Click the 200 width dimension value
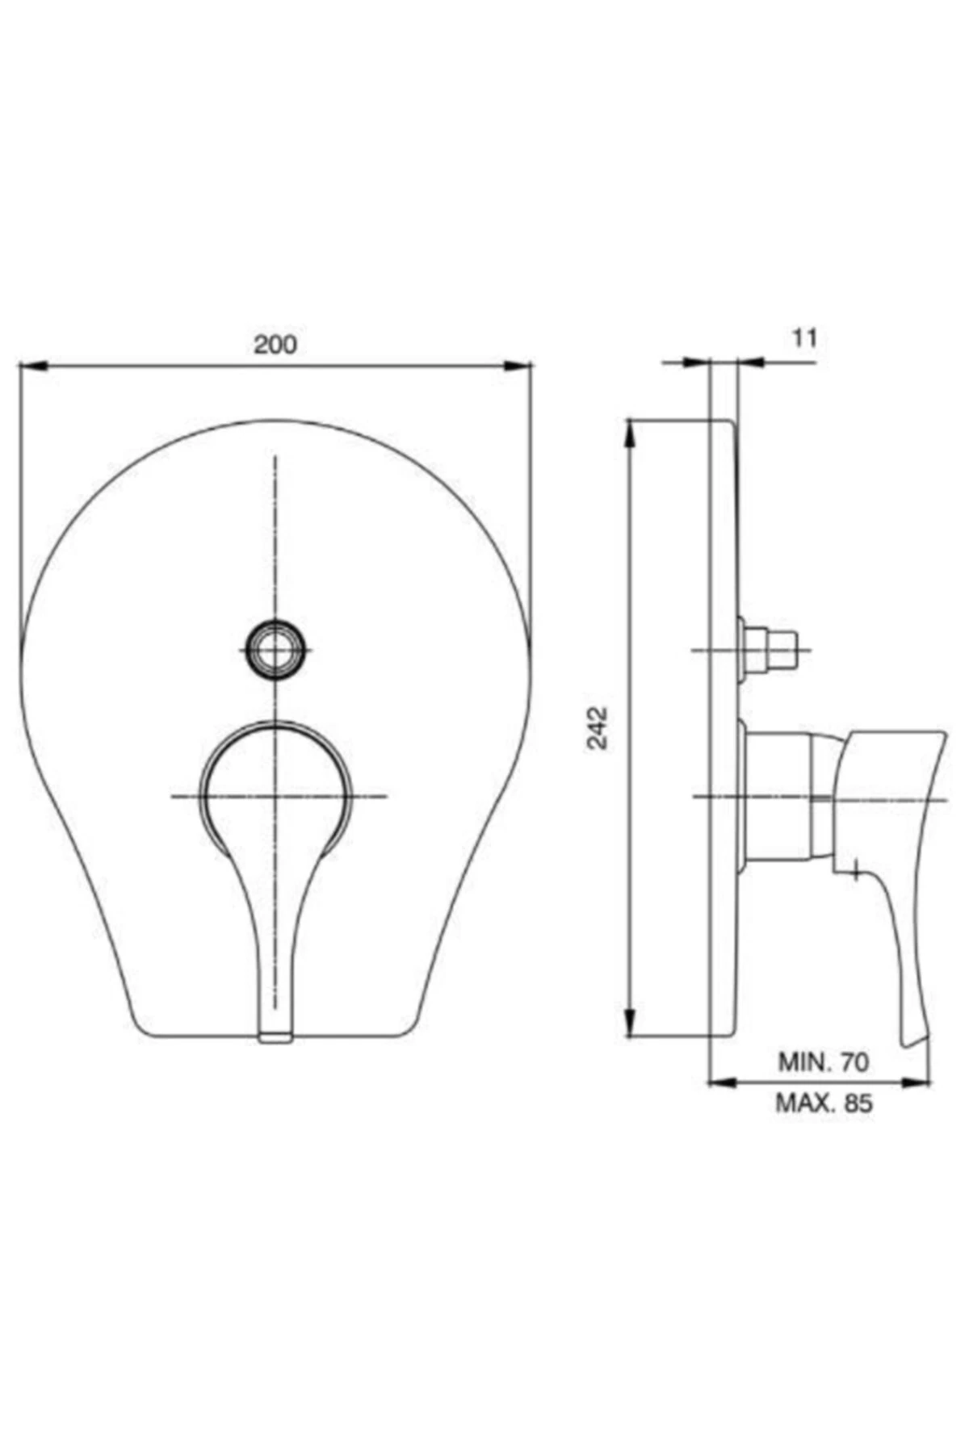click(275, 345)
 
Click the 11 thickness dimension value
click(803, 337)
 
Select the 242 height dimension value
click(598, 727)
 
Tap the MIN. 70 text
click(823, 1061)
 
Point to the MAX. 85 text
click(824, 1102)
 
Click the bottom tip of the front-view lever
click(275, 1035)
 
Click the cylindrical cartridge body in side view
click(779, 795)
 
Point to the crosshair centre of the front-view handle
click(276, 797)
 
